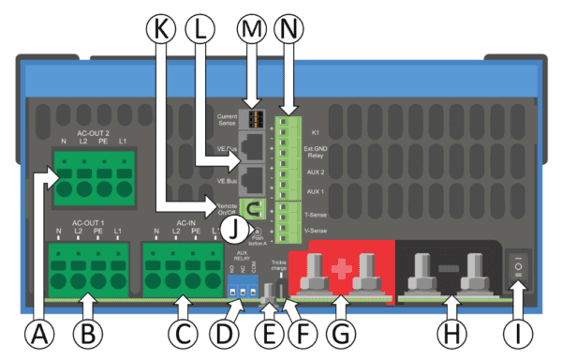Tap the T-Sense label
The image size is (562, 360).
tap(316, 214)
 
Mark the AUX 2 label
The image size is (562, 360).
tap(315, 173)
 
